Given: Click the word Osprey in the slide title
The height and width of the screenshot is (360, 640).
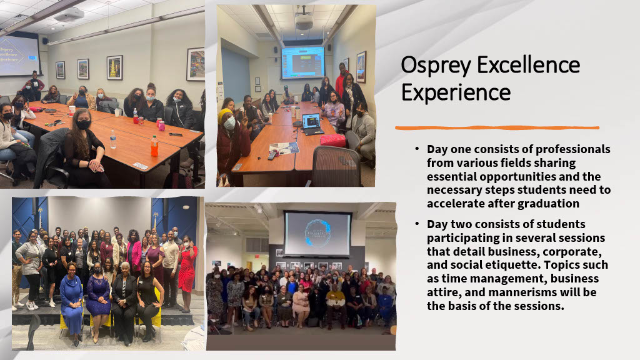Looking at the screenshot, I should click(435, 65).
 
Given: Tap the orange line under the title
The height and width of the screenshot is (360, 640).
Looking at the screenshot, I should click(497, 127).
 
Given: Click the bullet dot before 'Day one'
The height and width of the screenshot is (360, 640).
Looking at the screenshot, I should click(417, 150).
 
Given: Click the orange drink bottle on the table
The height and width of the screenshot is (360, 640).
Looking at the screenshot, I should click(154, 146).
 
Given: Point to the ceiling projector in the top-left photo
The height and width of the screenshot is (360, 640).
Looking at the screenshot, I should click(69, 14).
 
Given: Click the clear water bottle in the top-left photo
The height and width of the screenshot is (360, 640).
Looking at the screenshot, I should click(113, 139).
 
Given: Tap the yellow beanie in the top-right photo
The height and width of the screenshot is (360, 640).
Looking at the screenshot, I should click(226, 114).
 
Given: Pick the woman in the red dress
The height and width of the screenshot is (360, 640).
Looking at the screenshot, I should click(187, 267).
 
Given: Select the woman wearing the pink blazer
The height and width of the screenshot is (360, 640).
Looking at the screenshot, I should click(134, 253).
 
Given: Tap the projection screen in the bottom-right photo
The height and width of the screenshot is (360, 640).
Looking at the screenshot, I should click(317, 233).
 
